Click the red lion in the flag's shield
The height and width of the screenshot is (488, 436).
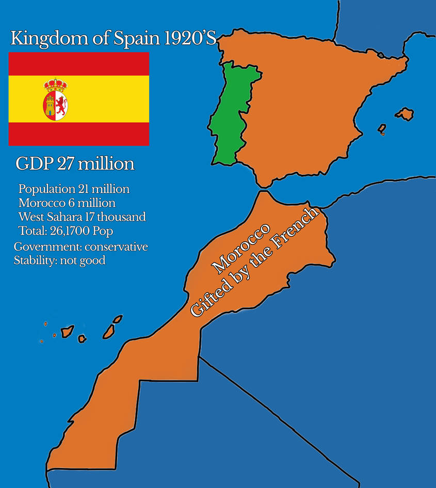point(61,105)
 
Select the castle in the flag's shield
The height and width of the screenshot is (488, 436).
point(50,105)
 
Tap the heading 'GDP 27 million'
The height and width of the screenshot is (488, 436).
point(75,164)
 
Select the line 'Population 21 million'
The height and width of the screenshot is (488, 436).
point(74,189)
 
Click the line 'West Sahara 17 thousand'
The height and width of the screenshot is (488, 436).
point(82,217)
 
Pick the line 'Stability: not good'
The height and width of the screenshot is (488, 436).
point(59,261)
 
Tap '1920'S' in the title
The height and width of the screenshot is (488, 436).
point(191,39)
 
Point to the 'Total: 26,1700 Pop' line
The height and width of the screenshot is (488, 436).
point(73,230)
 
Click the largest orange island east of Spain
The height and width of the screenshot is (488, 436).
point(405,114)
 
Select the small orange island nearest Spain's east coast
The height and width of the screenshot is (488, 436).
point(382,128)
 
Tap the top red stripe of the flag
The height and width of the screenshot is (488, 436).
point(79,63)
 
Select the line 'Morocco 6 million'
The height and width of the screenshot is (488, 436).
point(67,203)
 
